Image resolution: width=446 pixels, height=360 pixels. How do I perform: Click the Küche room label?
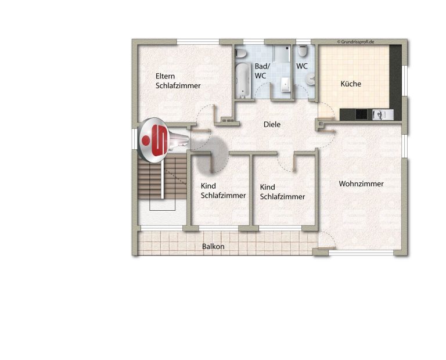point(351,84)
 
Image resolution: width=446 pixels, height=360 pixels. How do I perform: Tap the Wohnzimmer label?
point(361,183)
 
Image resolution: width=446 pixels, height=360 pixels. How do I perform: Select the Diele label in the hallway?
point(272,124)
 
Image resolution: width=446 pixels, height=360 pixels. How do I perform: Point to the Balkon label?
point(213,246)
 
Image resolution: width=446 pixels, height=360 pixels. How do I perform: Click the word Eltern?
point(165,76)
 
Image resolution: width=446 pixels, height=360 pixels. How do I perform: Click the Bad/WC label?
point(262,71)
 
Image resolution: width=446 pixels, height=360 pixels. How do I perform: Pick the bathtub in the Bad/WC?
point(243,81)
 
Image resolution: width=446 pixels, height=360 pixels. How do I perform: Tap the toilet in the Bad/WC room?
point(240,53)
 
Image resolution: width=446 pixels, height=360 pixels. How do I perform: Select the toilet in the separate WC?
point(303,52)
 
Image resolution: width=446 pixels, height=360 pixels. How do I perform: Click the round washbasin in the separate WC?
point(311,79)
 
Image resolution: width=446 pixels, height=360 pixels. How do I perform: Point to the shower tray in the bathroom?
point(282,54)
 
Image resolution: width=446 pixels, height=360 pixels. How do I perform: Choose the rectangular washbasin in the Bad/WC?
point(285,85)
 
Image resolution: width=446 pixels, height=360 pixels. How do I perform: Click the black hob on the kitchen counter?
point(362,114)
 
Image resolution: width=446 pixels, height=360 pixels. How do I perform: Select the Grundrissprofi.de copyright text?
point(355,42)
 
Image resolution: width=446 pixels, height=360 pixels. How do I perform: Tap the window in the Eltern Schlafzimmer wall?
point(198,42)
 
